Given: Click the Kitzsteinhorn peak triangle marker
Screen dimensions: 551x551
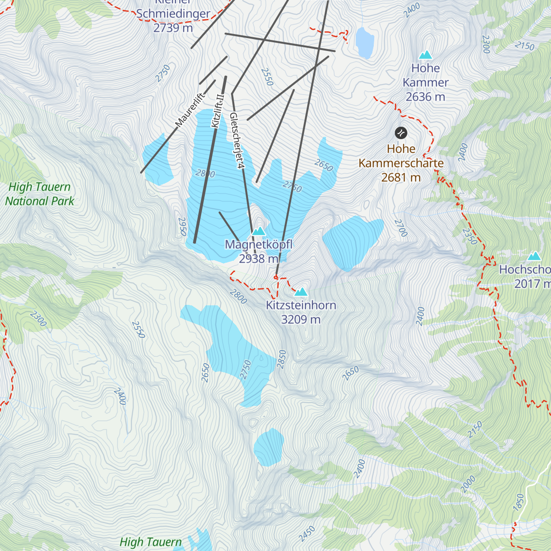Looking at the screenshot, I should click(301, 292).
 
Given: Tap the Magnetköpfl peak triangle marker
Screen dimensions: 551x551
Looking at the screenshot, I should click(259, 231).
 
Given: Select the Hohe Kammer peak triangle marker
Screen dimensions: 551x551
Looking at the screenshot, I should click(426, 55).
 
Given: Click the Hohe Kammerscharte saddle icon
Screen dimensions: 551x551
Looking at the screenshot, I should click(401, 133).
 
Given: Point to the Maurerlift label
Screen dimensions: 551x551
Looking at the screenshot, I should click(189, 110).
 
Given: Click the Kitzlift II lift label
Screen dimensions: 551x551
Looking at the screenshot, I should click(217, 111).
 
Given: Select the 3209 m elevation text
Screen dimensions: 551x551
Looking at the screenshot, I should click(301, 320).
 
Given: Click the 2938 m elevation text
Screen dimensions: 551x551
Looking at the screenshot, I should click(259, 259).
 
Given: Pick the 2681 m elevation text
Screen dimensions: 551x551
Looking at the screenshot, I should click(401, 177).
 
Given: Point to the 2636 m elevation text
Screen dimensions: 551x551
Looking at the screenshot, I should click(425, 97).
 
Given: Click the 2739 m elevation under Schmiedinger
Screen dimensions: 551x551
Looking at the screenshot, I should click(173, 28).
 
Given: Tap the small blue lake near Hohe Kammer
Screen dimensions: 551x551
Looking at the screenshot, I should click(365, 43).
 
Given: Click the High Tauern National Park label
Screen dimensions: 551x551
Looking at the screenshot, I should click(39, 194).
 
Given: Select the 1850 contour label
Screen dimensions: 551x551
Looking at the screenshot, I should click(519, 502).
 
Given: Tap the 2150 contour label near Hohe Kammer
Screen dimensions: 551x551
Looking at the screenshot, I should click(524, 46).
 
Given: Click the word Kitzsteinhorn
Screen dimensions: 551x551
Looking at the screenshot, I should click(301, 305).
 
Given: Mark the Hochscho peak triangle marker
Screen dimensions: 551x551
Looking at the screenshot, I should click(534, 256).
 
